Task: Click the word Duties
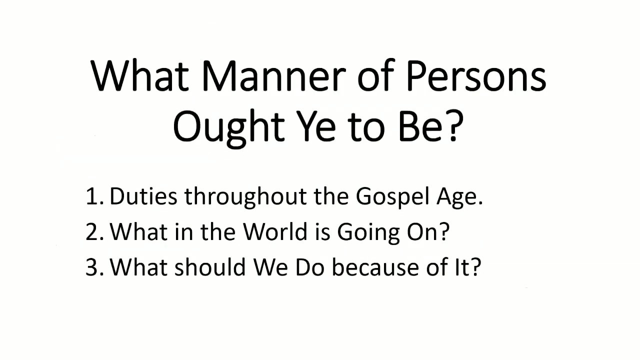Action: click(143, 197)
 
